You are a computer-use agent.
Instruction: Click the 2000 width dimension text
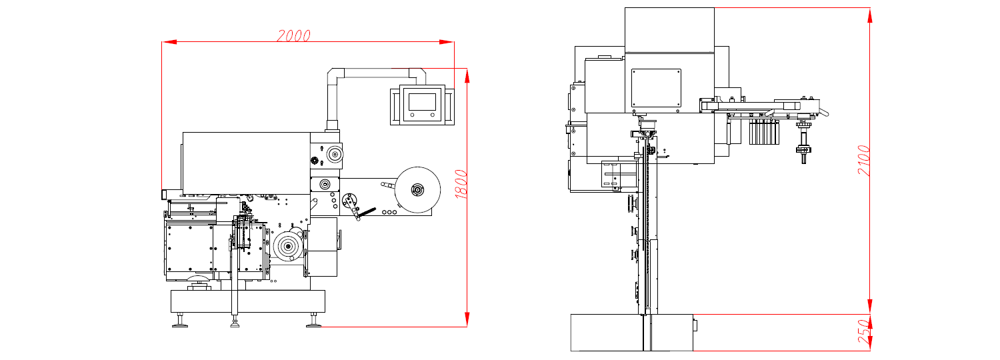tap(293, 36)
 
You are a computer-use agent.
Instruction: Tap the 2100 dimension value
tap(864, 161)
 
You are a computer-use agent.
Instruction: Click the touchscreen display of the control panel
tap(421, 101)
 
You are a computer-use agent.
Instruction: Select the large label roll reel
tap(417, 189)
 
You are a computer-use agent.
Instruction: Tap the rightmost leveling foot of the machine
tap(313, 324)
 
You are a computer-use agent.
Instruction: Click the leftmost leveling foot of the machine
tap(180, 324)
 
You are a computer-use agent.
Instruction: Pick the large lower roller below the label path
tap(289, 247)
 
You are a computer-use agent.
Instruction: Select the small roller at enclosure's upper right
tap(333, 155)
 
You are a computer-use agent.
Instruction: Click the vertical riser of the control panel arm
tap(332, 97)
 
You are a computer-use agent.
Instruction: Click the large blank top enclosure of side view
tap(669, 29)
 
